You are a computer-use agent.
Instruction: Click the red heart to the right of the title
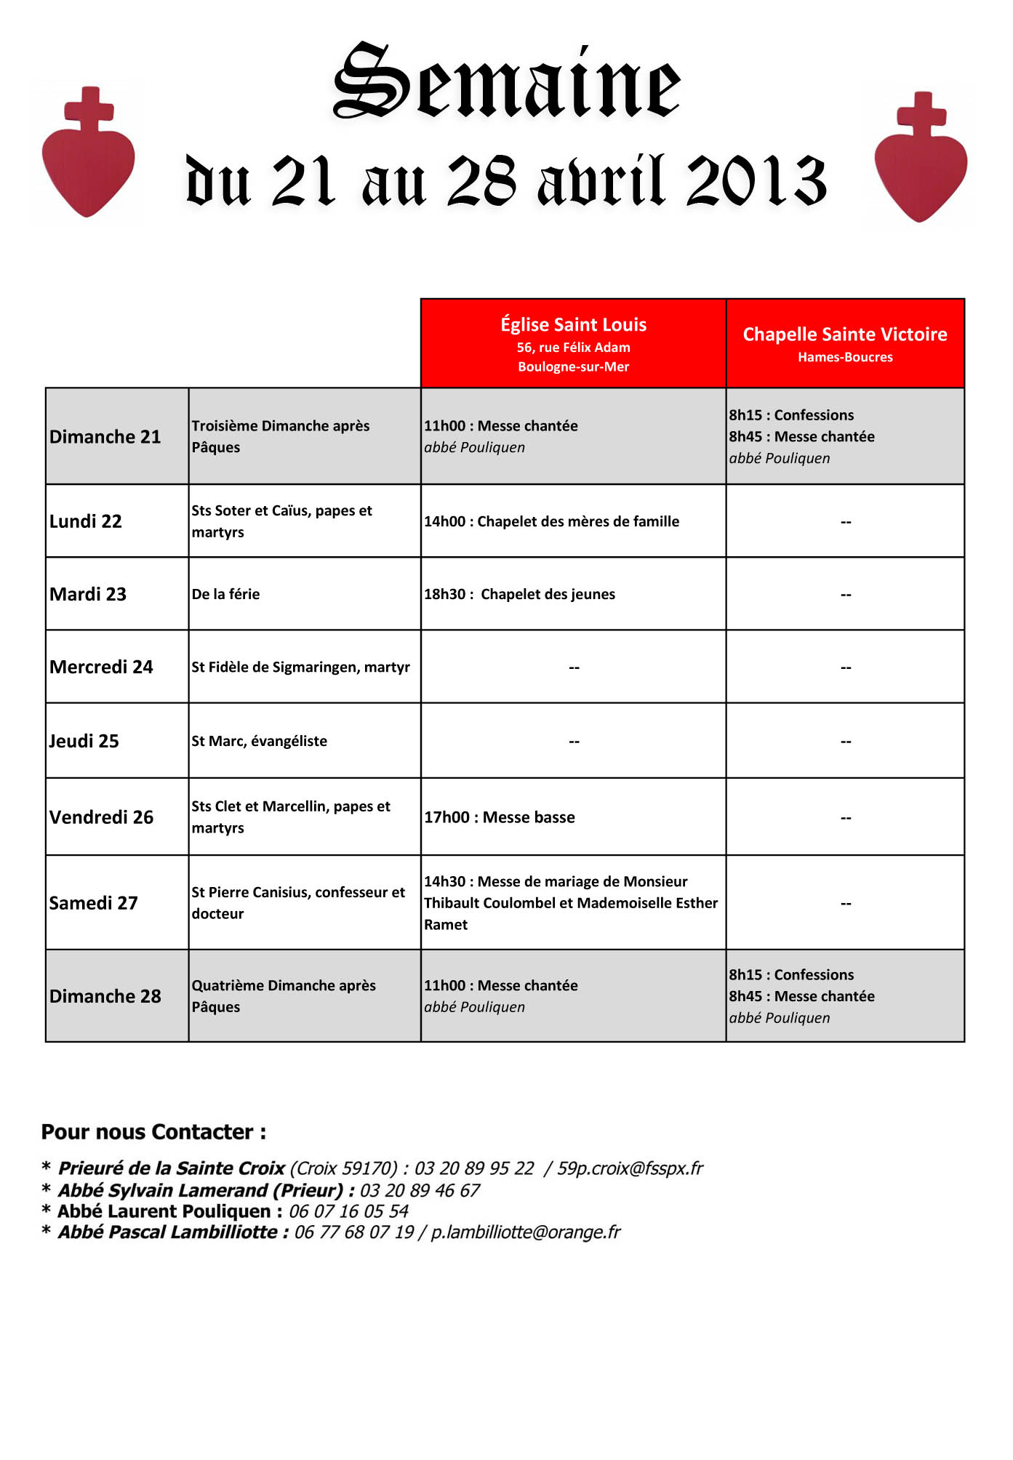[921, 164]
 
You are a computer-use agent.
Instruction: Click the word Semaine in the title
[507, 81]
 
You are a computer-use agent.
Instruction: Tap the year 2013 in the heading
[756, 180]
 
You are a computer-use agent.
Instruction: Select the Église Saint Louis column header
[573, 343]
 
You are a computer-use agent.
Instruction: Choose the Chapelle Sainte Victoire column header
[845, 343]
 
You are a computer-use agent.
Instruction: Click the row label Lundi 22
[86, 521]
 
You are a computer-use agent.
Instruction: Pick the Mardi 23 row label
[88, 594]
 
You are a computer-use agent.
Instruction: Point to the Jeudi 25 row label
[84, 741]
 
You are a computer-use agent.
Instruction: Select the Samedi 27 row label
[94, 903]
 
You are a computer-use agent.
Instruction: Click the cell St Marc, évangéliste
[260, 741]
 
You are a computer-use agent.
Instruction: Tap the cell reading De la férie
[225, 594]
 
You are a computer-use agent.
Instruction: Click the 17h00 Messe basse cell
[500, 817]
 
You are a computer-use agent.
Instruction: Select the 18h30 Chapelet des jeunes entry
[519, 594]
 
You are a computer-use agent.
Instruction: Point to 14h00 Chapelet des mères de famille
[551, 521]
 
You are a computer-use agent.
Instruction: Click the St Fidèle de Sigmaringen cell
[300, 667]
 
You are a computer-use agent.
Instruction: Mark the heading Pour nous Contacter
[153, 1132]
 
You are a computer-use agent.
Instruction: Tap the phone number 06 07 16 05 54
[349, 1211]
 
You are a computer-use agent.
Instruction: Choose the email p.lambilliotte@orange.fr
[526, 1232]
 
